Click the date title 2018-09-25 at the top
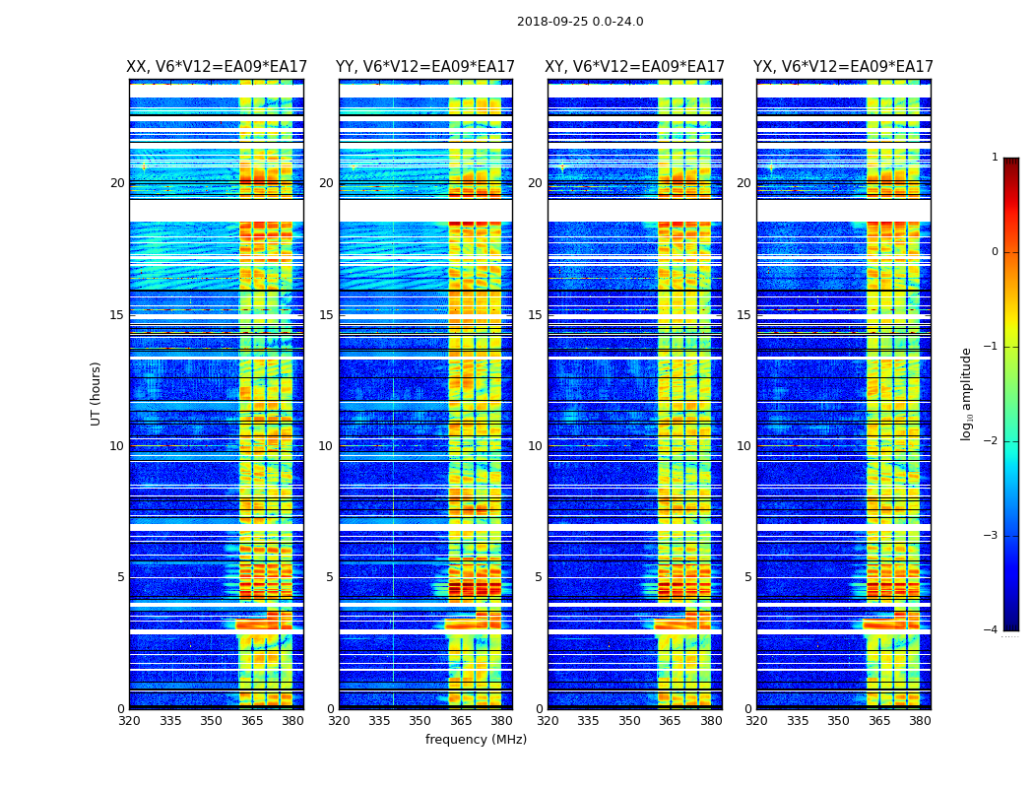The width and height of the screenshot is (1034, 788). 580,22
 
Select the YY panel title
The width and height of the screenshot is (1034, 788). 425,67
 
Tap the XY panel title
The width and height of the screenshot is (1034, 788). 635,67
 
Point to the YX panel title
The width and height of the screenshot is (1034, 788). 843,67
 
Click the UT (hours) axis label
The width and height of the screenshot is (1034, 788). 97,393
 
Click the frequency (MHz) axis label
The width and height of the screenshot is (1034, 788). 476,740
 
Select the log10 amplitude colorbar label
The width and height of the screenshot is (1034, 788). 967,393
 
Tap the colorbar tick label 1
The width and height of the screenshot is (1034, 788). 995,158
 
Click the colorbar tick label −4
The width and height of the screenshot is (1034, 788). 992,630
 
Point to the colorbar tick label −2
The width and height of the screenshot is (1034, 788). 992,441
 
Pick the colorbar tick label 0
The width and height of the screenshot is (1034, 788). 995,252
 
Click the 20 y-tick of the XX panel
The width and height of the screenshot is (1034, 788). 117,183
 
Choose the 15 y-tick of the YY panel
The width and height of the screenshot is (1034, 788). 326,315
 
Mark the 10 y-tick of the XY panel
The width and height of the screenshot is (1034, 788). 535,446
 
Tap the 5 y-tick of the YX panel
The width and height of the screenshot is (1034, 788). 748,577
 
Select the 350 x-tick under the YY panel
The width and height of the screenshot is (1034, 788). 420,721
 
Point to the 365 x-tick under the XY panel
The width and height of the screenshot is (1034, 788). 670,721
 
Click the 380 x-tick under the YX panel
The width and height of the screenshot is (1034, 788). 920,721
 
